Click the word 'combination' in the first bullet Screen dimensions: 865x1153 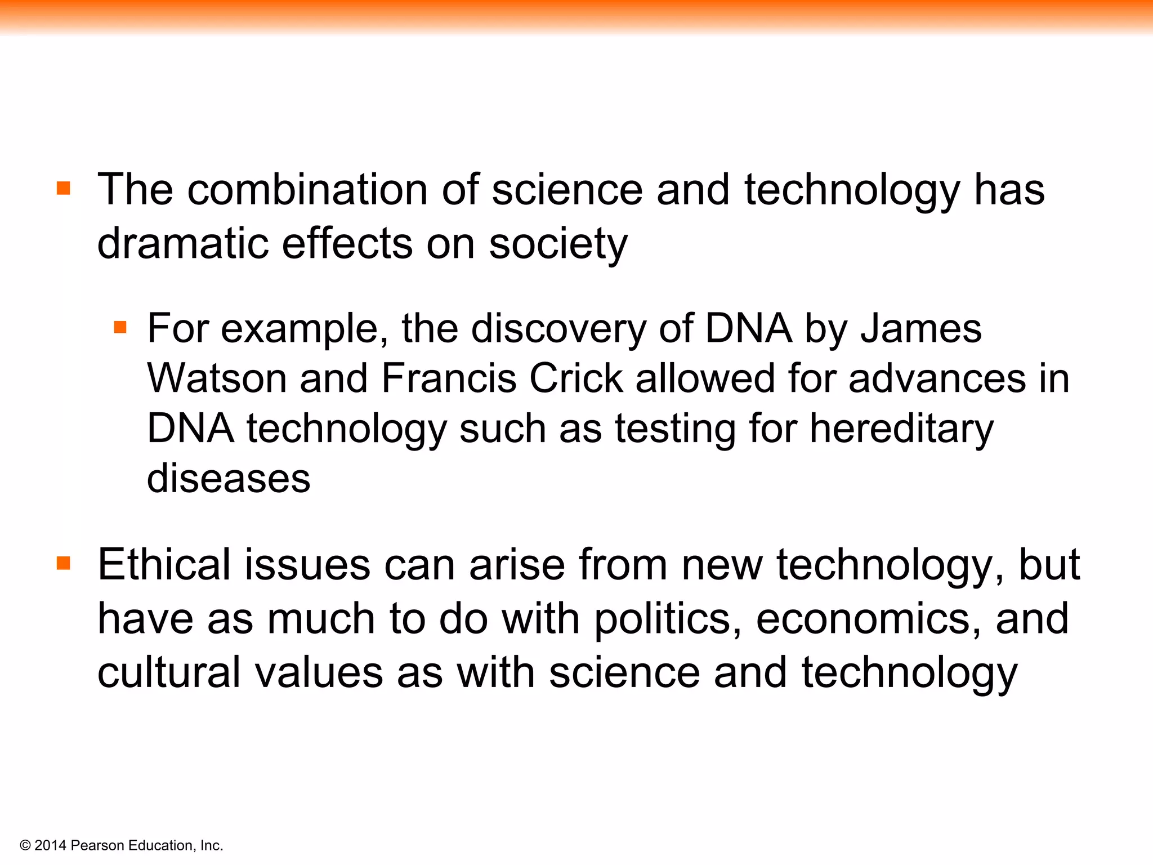[x=307, y=190]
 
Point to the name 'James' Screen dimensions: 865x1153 [x=921, y=329]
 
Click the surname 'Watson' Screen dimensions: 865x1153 [x=217, y=378]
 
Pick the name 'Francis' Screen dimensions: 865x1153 [x=449, y=378]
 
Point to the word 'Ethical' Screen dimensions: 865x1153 [x=164, y=565]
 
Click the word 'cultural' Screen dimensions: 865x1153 [x=169, y=672]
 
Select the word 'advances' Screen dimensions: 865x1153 [x=937, y=378]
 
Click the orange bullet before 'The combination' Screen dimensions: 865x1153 [x=64, y=188]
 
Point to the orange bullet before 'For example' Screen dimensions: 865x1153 [x=120, y=327]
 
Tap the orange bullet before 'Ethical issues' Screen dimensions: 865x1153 [x=64, y=563]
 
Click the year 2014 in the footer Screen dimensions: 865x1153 [x=51, y=845]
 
